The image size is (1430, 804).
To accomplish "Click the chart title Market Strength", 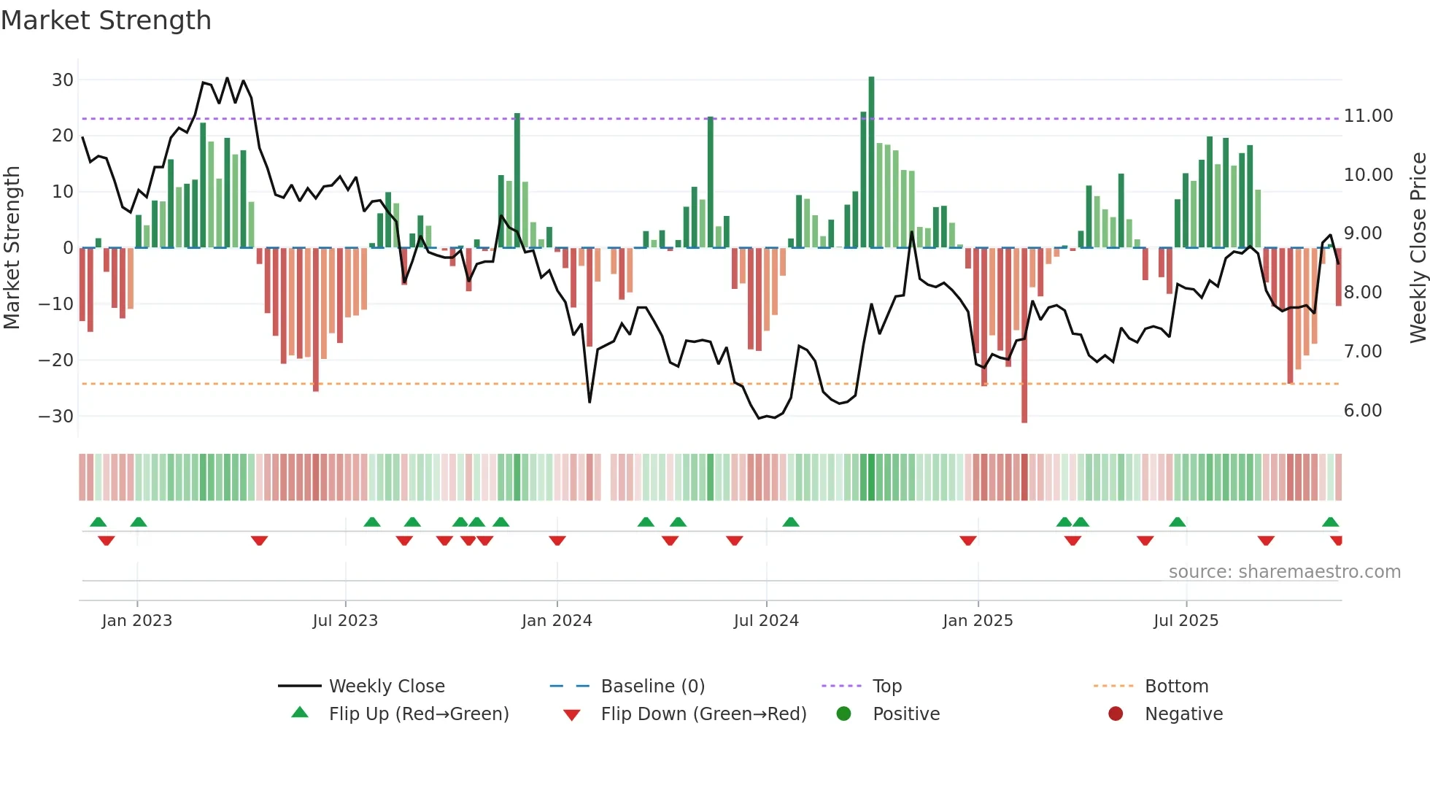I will click(106, 20).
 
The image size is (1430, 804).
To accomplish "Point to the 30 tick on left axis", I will click(63, 80).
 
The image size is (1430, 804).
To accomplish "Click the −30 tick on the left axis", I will click(56, 416).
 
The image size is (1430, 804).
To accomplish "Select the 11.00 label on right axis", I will click(1368, 115).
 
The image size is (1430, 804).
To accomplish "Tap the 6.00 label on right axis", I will click(1362, 410).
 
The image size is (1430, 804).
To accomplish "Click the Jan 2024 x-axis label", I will click(557, 620).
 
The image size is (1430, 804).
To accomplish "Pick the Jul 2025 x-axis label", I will click(1186, 620).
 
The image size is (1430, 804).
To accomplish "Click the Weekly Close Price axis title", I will click(1418, 247).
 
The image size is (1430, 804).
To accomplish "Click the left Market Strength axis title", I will click(12, 247).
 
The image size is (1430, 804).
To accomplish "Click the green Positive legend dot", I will click(844, 714).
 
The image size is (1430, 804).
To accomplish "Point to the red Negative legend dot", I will click(1116, 714).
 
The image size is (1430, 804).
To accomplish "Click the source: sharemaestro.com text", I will click(1284, 571).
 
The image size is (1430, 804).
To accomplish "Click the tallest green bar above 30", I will click(871, 161).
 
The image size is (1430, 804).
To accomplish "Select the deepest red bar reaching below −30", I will click(1024, 336).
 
